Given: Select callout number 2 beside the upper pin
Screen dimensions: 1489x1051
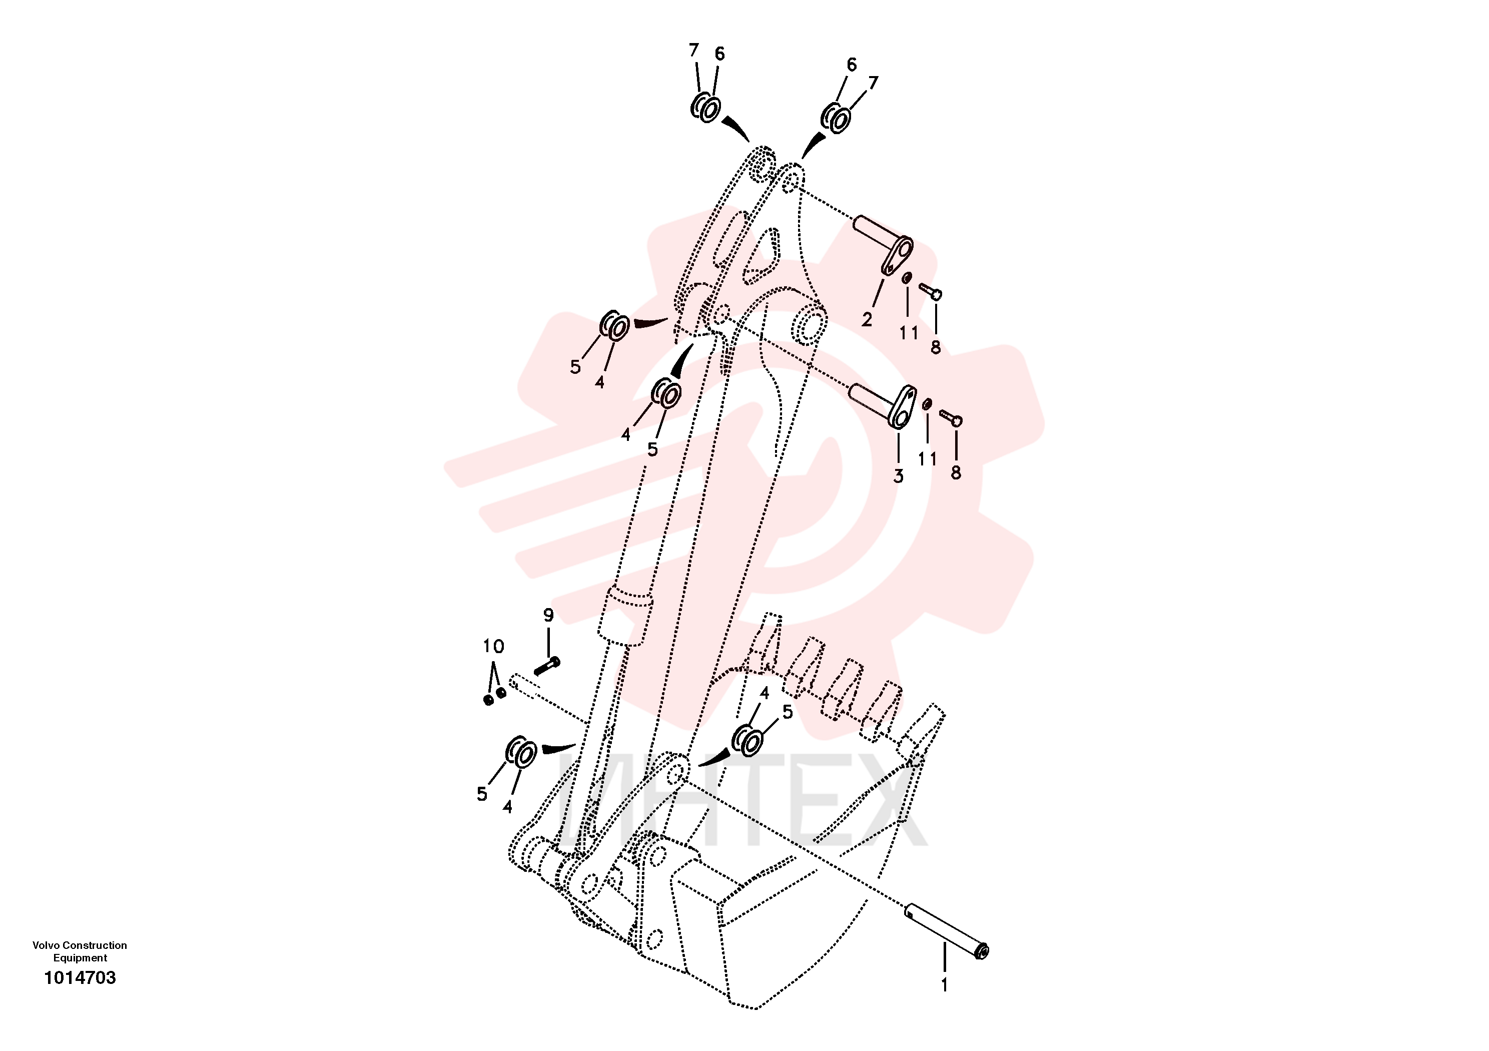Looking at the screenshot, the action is click(x=867, y=319).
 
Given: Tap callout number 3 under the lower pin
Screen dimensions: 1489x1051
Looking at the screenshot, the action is click(x=898, y=476).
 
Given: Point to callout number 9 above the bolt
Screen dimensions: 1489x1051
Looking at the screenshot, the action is click(x=549, y=615).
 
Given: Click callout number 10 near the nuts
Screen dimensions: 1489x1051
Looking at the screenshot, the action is click(x=493, y=646).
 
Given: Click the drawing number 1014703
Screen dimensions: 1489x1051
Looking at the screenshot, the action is click(x=80, y=978).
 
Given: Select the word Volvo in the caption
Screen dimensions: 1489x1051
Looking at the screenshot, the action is click(x=46, y=945).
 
